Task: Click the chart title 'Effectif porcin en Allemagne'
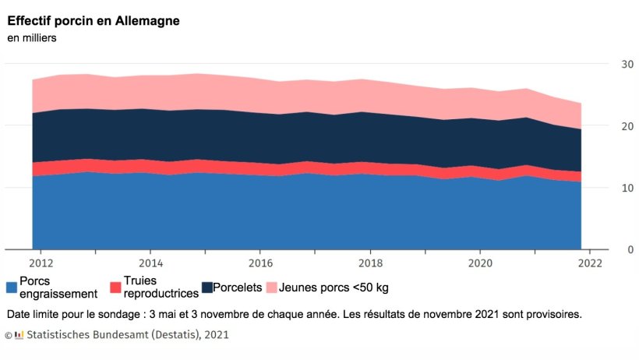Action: [94, 21]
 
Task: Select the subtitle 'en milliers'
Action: [32, 37]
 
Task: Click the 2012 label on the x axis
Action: [41, 263]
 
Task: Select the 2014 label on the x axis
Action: [150, 263]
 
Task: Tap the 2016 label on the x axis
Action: [260, 263]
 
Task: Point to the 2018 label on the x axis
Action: [370, 263]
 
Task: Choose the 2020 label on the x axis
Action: [480, 263]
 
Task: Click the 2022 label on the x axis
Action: [590, 263]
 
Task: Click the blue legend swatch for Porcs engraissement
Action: [12, 288]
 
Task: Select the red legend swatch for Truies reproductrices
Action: [115, 288]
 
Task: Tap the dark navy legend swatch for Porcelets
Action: [207, 288]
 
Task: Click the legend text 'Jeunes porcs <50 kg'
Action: [334, 288]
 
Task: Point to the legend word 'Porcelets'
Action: [237, 288]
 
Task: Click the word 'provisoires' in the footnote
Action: [553, 315]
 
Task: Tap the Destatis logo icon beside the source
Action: [19, 335]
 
